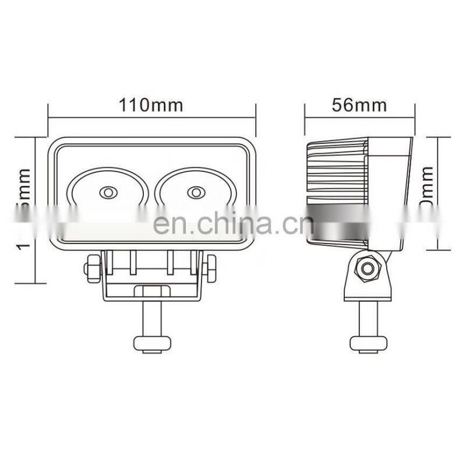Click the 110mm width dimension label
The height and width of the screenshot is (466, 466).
[x=151, y=105]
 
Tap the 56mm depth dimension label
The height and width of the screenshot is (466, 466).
[x=359, y=105]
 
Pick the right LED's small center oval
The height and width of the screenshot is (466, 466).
[x=195, y=192]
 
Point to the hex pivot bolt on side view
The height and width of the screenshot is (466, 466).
[x=367, y=268]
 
